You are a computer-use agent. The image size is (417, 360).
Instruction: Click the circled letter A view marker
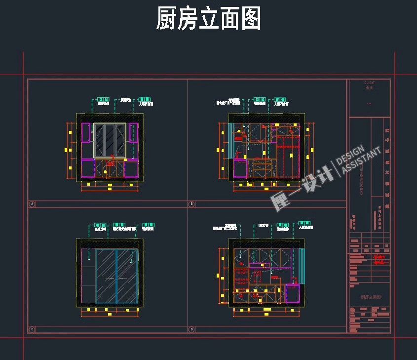point(33,204)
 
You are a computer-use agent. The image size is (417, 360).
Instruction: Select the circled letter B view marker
point(191,204)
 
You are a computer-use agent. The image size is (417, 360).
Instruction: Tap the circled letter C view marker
point(33,329)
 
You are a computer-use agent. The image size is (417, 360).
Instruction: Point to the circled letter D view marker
point(191,329)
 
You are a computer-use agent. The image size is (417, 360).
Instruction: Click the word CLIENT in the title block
point(369,83)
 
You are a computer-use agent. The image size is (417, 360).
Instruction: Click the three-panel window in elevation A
point(110,140)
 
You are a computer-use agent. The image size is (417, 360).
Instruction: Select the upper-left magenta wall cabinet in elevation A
point(86,133)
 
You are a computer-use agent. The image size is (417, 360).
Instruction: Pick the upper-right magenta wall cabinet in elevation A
point(134,133)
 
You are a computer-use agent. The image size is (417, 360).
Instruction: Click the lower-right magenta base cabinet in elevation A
point(131,168)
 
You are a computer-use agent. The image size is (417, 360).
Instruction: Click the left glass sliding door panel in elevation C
point(106,276)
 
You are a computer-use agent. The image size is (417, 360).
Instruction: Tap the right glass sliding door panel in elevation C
point(126,276)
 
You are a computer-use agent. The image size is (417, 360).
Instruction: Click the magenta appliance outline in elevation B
point(240,168)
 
